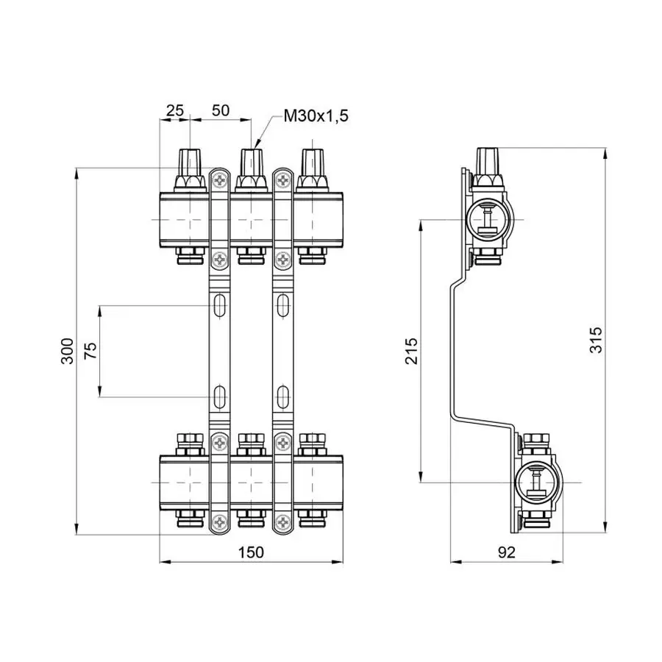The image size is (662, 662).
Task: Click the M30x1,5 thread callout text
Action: point(316,115)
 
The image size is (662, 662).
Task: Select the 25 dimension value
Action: point(174,110)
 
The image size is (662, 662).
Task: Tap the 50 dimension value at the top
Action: point(221,110)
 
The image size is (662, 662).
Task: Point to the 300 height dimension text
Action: point(67,351)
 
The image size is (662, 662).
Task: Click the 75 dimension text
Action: point(90,351)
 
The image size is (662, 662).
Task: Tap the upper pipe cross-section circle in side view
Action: point(488,219)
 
